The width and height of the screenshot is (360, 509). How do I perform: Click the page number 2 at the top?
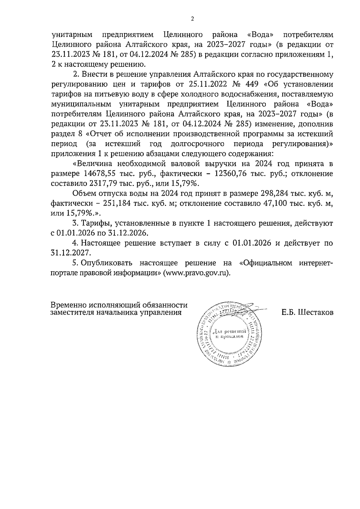[x=192, y=19]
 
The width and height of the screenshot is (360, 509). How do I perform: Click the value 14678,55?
[x=100, y=174]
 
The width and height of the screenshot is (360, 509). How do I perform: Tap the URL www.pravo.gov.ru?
[x=194, y=273]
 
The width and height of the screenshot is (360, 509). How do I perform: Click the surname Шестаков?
[x=315, y=313]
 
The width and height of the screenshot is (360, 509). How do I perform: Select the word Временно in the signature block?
[x=67, y=305]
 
